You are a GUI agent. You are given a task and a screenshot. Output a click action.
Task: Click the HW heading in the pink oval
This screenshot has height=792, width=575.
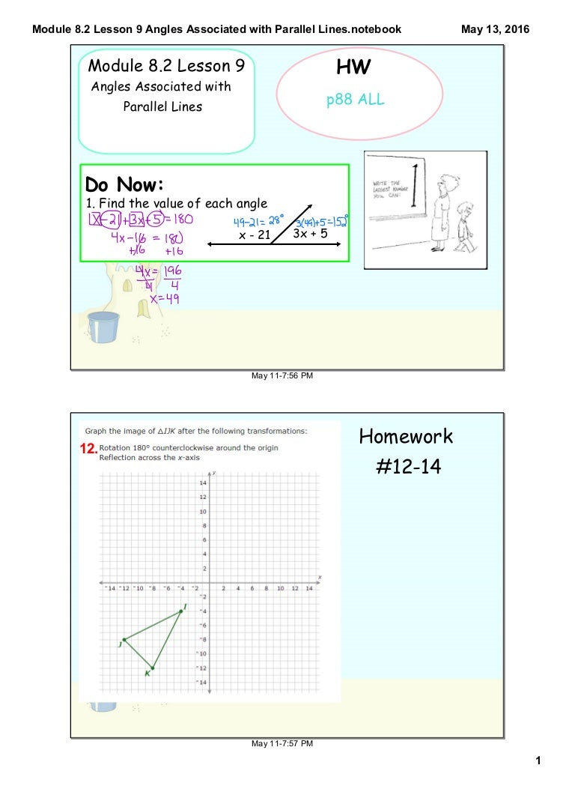pyautogui.click(x=353, y=68)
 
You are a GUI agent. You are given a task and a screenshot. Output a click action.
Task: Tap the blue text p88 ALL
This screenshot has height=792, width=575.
pyautogui.click(x=355, y=100)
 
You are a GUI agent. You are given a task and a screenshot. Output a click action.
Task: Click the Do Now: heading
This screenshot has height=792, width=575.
pyautogui.click(x=124, y=184)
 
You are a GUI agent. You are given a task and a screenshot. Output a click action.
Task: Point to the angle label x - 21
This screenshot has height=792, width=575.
pyautogui.click(x=254, y=235)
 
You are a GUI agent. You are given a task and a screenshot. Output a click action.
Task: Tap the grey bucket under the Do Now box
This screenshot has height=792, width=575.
pyautogui.click(x=103, y=327)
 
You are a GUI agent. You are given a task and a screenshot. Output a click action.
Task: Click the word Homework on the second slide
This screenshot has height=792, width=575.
pyautogui.click(x=406, y=436)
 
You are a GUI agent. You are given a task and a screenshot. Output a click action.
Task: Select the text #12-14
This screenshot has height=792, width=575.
pyautogui.click(x=407, y=468)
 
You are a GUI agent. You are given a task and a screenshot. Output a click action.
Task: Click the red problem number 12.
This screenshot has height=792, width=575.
pyautogui.click(x=88, y=450)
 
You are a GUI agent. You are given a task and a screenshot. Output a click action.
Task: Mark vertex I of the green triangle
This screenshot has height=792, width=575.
pyautogui.click(x=180, y=611)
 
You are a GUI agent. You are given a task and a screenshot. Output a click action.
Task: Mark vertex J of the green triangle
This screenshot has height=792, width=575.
pyautogui.click(x=124, y=639)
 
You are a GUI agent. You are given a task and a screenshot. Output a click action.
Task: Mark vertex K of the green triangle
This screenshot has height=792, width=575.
pyautogui.click(x=152, y=668)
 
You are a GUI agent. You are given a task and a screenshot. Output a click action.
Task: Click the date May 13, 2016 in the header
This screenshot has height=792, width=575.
pyautogui.click(x=495, y=29)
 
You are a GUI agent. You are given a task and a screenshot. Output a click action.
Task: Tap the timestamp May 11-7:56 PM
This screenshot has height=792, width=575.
pyautogui.click(x=282, y=375)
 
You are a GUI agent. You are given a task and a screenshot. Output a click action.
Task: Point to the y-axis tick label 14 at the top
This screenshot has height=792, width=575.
pyautogui.click(x=203, y=483)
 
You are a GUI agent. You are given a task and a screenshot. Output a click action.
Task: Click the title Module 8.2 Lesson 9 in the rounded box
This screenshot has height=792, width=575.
pyautogui.click(x=166, y=67)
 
